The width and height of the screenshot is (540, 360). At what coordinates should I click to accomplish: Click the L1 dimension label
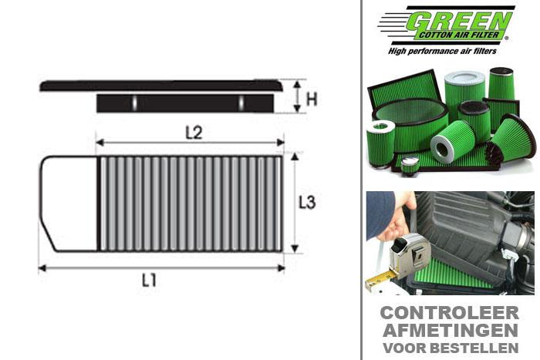point(149,281)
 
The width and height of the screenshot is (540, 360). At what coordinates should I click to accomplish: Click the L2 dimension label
point(194,132)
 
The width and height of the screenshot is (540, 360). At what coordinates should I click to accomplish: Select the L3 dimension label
point(308,204)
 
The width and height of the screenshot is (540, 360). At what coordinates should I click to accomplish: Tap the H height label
point(312,99)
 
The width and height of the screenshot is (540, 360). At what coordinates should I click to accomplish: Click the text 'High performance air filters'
point(447,51)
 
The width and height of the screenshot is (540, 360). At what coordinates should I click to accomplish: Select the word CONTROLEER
point(450,313)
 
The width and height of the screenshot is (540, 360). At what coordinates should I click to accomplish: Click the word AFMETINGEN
point(450,331)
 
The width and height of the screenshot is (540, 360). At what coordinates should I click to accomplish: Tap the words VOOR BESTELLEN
point(450,348)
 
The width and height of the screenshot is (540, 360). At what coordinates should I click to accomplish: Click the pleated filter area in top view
point(190,204)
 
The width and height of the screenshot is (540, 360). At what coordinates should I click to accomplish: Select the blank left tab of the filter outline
point(68,204)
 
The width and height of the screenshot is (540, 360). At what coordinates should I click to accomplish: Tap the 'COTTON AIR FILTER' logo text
point(463,35)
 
